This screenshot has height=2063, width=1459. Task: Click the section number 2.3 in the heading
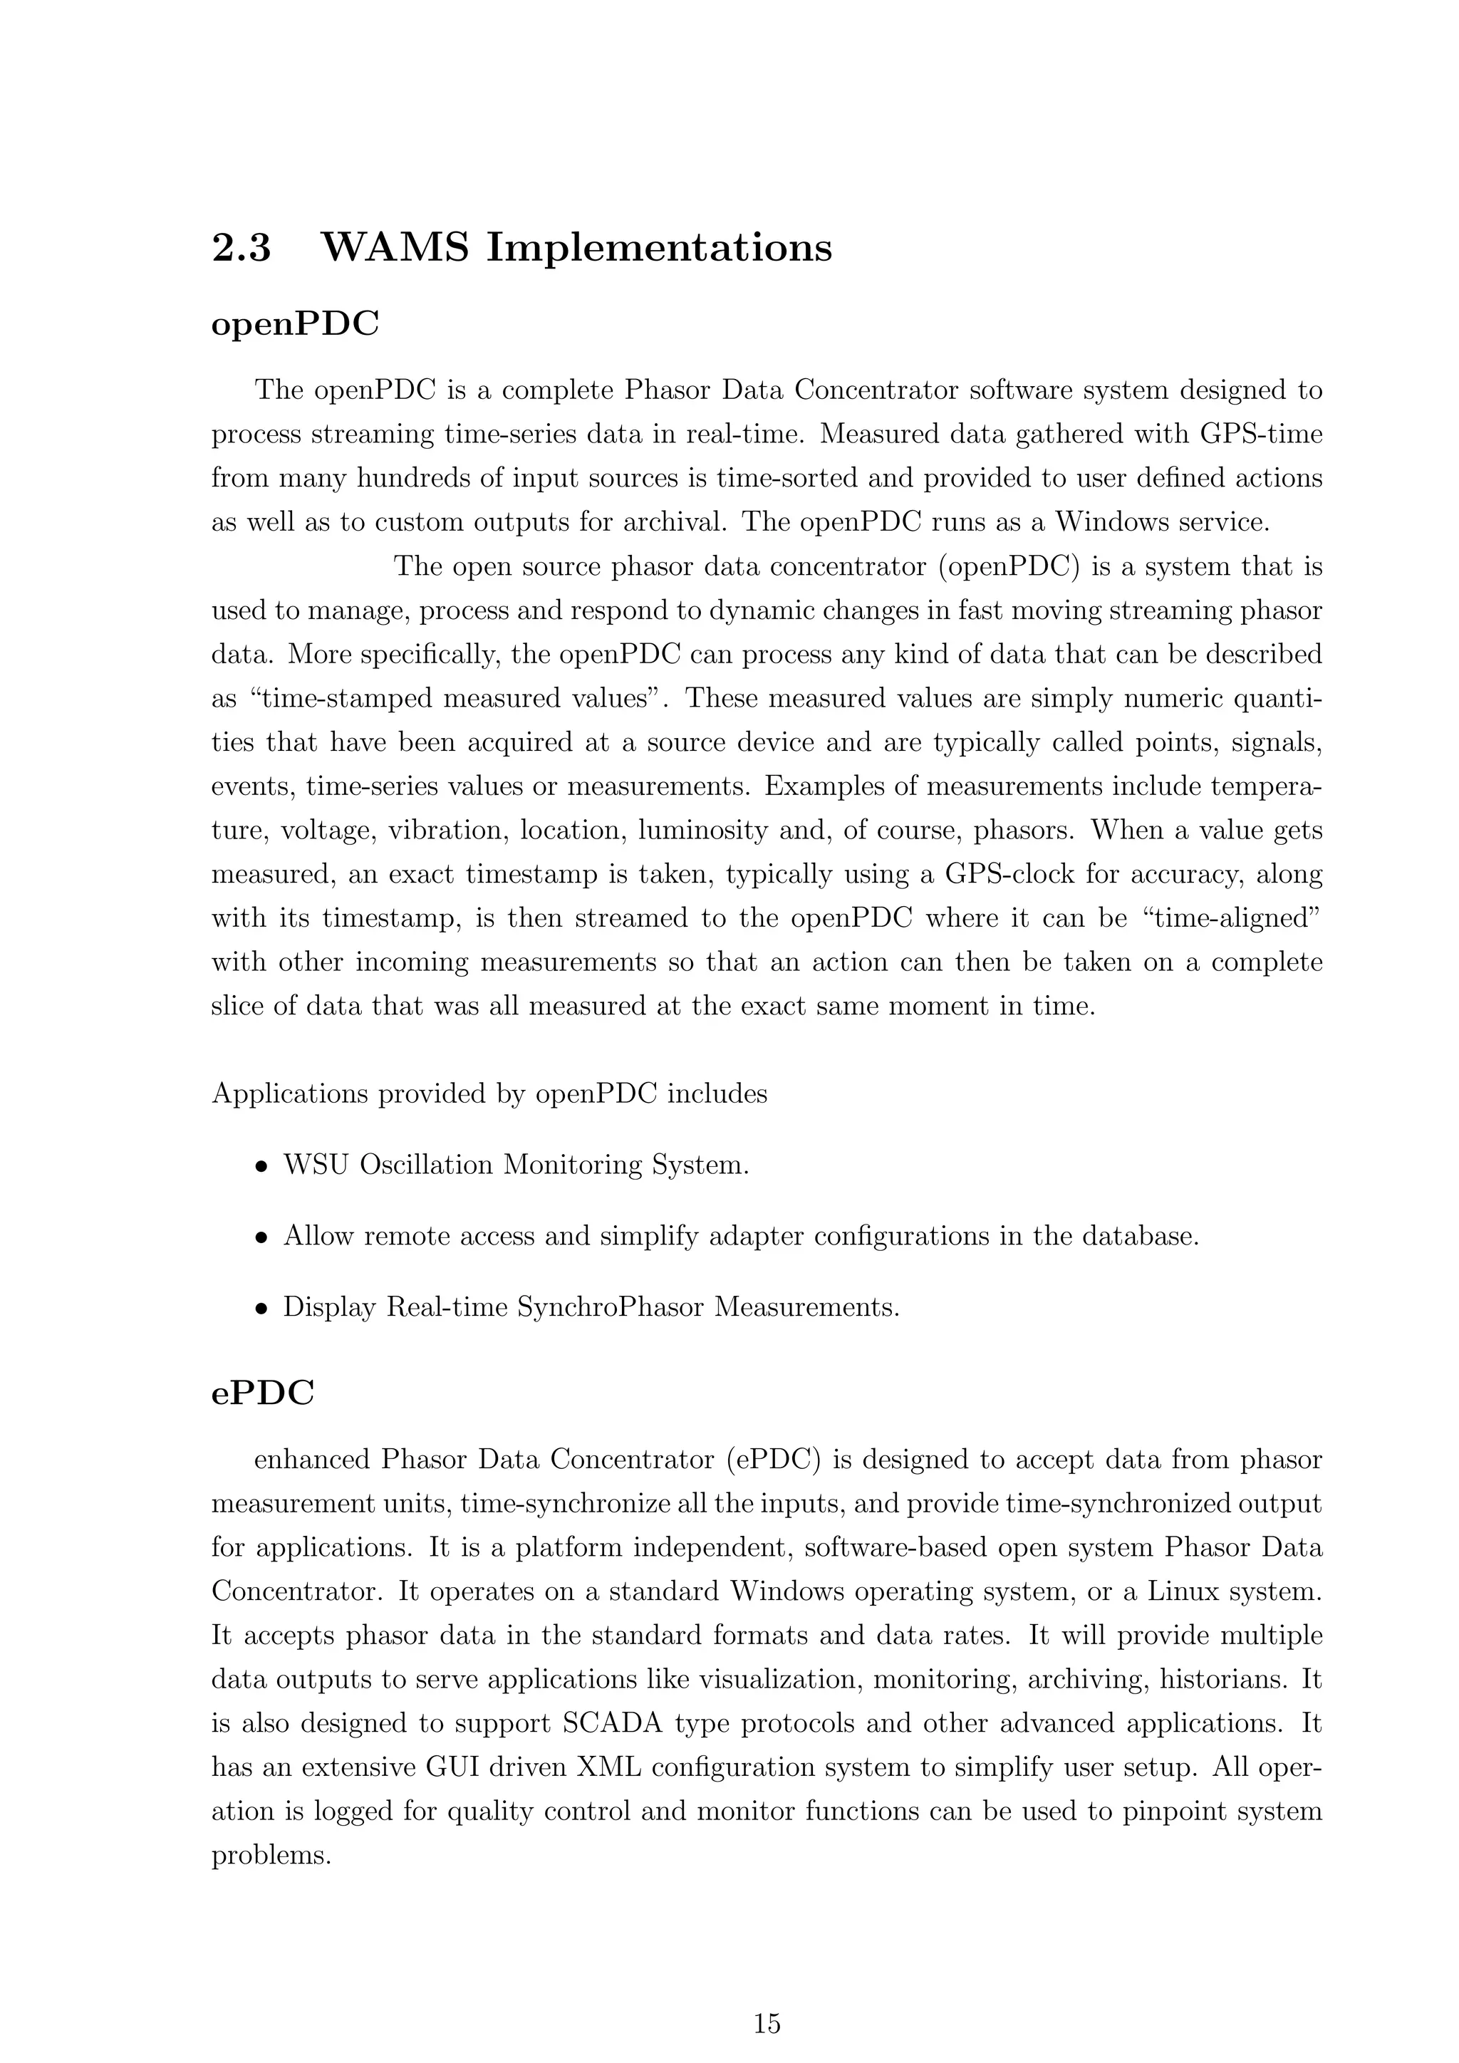tap(241, 247)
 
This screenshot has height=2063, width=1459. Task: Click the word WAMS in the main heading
tap(395, 247)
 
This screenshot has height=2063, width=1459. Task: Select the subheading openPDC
tap(295, 324)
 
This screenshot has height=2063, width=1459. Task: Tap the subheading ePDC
tap(262, 1393)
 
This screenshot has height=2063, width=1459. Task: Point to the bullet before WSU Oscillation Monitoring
tap(261, 1167)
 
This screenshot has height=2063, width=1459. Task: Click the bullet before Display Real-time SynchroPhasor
tap(261, 1308)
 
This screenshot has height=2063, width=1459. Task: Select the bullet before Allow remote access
tap(261, 1238)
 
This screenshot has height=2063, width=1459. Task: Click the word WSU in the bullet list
tap(316, 1165)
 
